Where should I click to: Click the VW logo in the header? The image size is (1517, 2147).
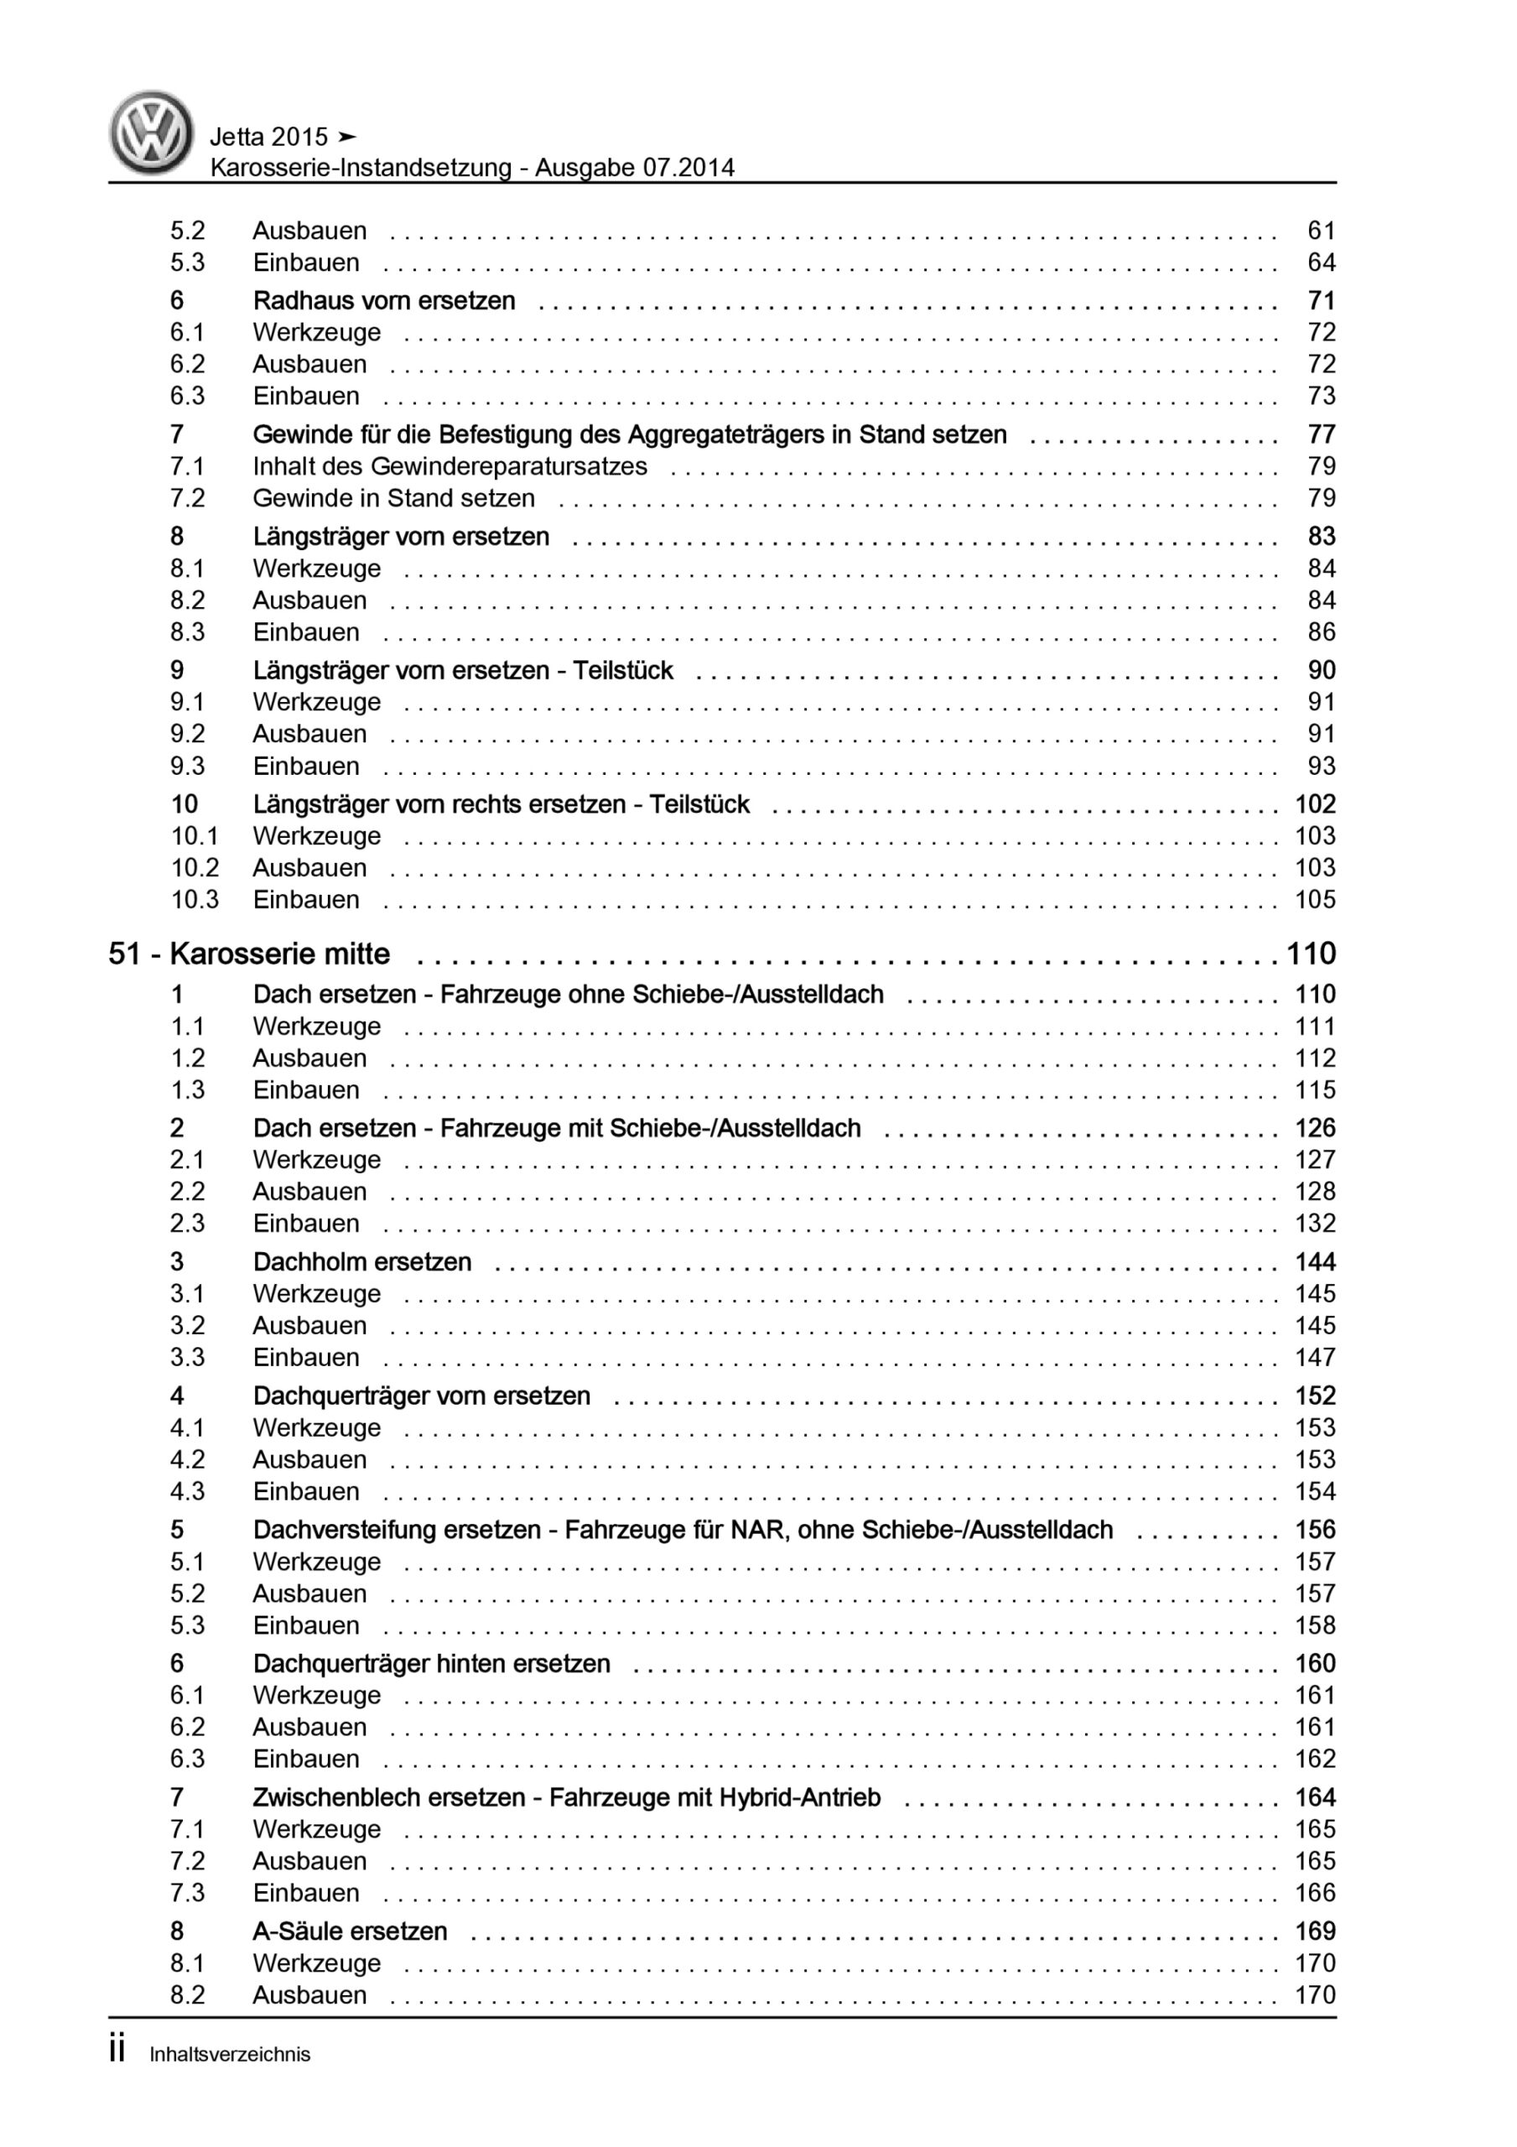click(x=152, y=132)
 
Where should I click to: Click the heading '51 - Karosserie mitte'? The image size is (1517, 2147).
click(x=250, y=954)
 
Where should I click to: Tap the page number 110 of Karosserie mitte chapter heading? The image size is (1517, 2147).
click(x=1311, y=954)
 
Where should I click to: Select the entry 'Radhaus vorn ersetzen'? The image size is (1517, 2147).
click(x=383, y=301)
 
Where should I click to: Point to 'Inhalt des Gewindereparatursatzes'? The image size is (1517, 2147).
click(x=449, y=466)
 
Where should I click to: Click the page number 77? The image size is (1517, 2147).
click(x=1321, y=434)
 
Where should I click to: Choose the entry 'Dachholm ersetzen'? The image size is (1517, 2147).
click(x=362, y=1262)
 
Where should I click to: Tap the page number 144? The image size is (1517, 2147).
click(x=1314, y=1262)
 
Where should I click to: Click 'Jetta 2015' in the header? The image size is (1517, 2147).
click(x=269, y=138)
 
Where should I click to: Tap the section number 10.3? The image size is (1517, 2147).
click(x=194, y=900)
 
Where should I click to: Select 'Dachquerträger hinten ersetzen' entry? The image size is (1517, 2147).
click(x=431, y=1664)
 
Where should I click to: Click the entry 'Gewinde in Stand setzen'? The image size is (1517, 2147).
click(x=394, y=498)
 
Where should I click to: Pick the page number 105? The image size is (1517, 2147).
click(x=1314, y=900)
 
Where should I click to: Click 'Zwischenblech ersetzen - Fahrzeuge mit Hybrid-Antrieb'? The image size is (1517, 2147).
click(x=566, y=1797)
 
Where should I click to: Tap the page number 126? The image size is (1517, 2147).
click(x=1314, y=1129)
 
